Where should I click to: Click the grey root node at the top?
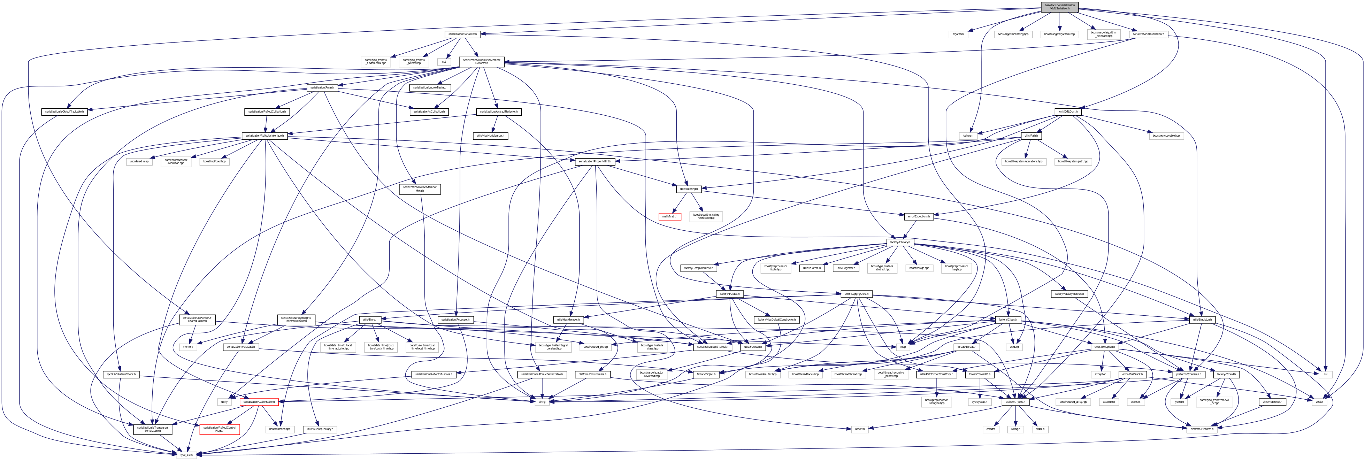(1059, 7)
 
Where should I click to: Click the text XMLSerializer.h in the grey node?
(1059, 9)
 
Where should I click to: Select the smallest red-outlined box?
(670, 217)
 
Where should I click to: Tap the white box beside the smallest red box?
(706, 217)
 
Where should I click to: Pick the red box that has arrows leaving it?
(259, 402)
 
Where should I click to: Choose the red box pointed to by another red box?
(220, 429)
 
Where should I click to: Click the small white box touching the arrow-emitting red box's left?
(224, 402)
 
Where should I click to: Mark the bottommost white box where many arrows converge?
(186, 455)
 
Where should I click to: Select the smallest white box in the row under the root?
(958, 34)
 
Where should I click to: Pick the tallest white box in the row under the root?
(1104, 34)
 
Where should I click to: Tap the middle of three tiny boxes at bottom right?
(1015, 429)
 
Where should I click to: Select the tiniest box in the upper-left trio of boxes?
(444, 62)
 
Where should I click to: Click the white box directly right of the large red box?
(280, 429)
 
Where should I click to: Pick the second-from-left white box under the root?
(1013, 34)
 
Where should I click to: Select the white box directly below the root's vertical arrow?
(1060, 34)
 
